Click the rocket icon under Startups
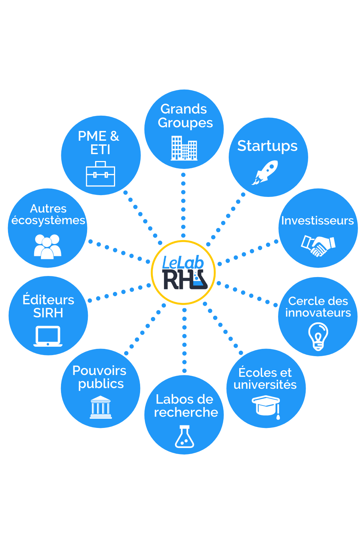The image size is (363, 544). tap(265, 172)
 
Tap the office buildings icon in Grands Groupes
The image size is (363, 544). tap(184, 148)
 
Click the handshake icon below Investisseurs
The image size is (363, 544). tap(318, 246)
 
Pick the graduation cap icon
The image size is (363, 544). tap(266, 406)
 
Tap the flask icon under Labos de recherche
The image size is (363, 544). tap(184, 437)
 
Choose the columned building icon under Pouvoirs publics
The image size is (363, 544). tap(101, 407)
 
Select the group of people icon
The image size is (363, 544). tap(48, 246)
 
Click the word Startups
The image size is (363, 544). tap(267, 146)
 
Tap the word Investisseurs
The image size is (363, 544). tap(317, 221)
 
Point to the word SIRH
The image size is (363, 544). tap(48, 313)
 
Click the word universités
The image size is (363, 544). tap(265, 384)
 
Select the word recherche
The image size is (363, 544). tap(186, 412)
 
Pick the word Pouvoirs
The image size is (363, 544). tap(99, 371)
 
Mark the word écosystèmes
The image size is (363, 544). tap(48, 220)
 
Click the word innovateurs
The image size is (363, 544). tap(318, 313)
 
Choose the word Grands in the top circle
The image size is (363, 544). tap(184, 109)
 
